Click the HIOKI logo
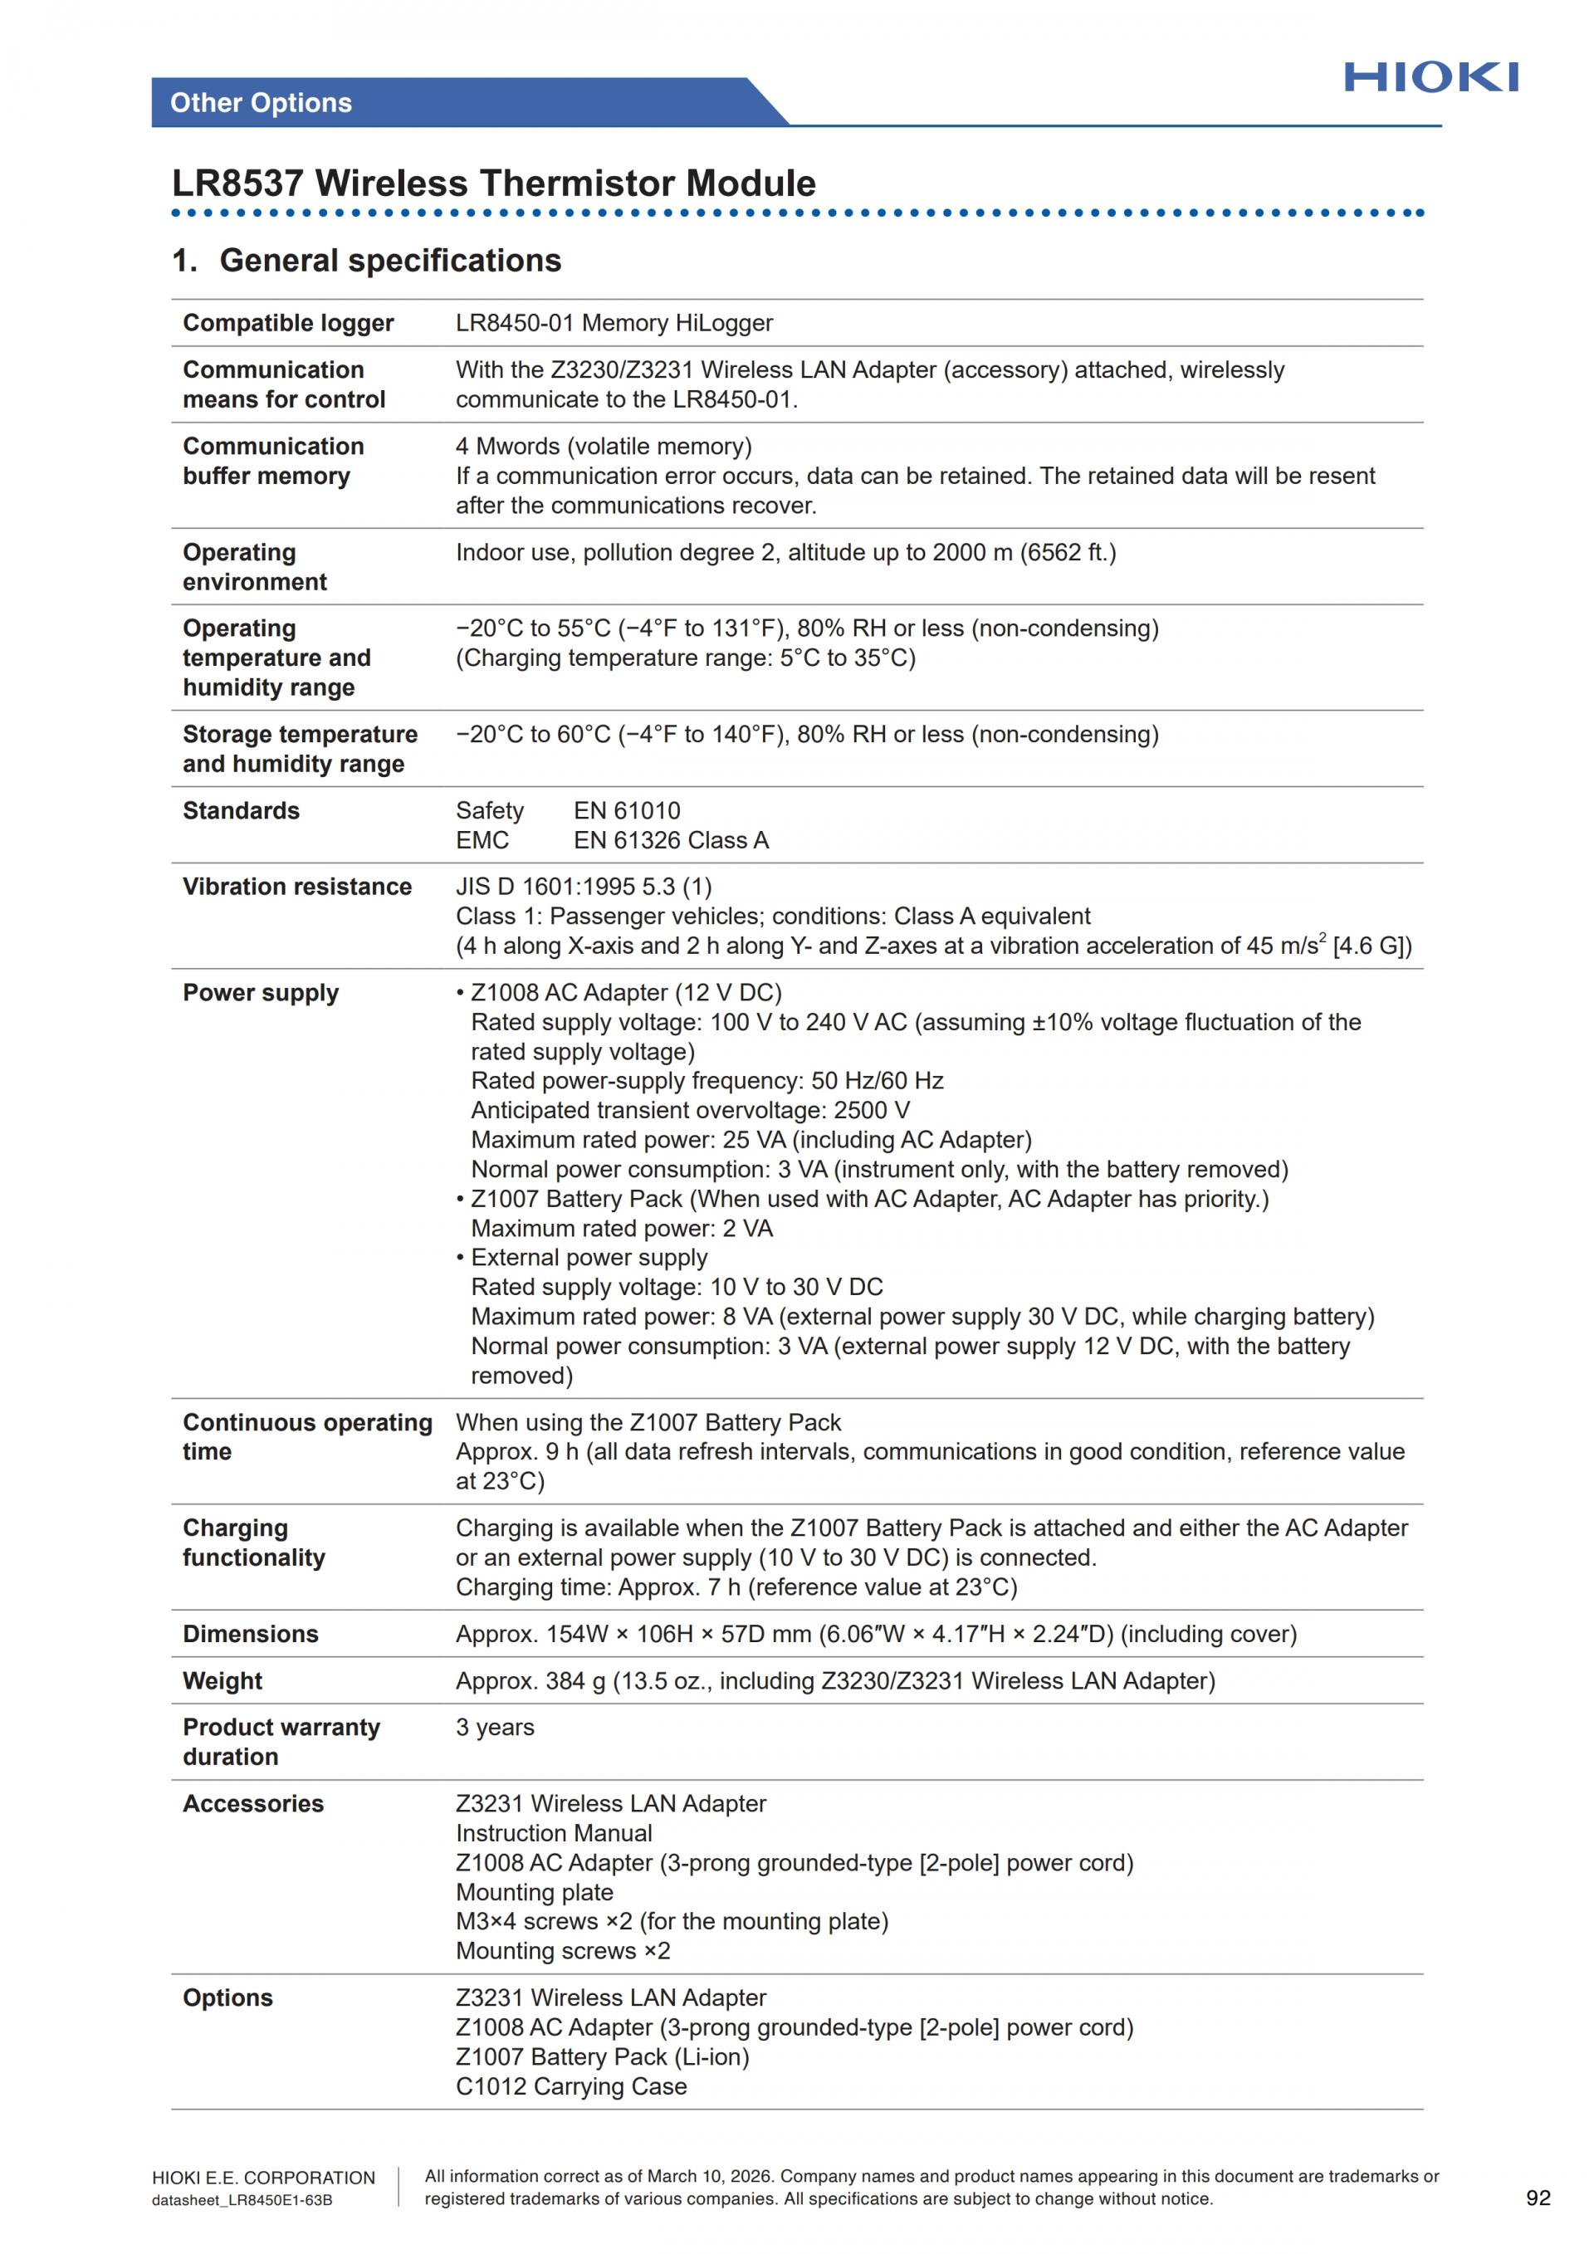[x=1430, y=76]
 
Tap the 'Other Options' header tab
[x=261, y=103]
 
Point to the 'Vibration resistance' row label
[x=296, y=887]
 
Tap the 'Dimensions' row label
[x=250, y=1634]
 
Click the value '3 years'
[x=495, y=1727]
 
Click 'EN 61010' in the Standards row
[x=626, y=811]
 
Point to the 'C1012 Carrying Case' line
[x=570, y=2086]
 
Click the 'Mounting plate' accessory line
[x=534, y=1892]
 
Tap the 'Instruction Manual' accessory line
[x=554, y=1833]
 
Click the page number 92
[x=1538, y=2198]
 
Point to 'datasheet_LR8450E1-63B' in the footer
[x=242, y=2200]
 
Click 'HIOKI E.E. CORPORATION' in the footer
[x=263, y=2178]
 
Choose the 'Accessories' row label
[x=252, y=1803]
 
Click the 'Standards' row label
[x=241, y=811]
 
